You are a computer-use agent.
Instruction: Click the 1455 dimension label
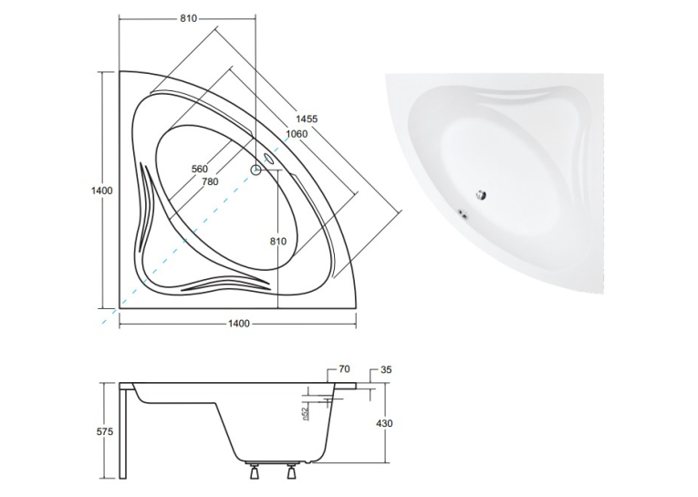(x=307, y=119)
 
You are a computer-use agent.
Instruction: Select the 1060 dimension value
(x=297, y=133)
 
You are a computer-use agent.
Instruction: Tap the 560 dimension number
(x=200, y=169)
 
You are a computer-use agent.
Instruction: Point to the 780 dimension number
(x=210, y=181)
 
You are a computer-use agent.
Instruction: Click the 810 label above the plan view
(x=188, y=18)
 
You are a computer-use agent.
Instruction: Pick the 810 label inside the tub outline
(x=278, y=241)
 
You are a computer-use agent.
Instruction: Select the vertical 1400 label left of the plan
(x=102, y=191)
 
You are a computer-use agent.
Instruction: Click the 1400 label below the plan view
(x=239, y=324)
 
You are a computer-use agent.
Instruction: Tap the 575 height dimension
(x=105, y=431)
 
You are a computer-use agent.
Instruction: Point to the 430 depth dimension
(x=384, y=423)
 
